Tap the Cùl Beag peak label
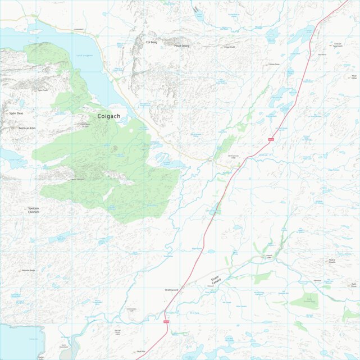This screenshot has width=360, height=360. (151, 42)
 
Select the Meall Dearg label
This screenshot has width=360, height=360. (181, 46)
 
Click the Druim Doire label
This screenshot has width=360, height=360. (273, 64)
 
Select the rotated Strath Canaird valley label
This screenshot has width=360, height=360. (216, 279)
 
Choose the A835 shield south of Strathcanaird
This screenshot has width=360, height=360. (166, 321)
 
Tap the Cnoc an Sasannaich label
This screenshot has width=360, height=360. (337, 45)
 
